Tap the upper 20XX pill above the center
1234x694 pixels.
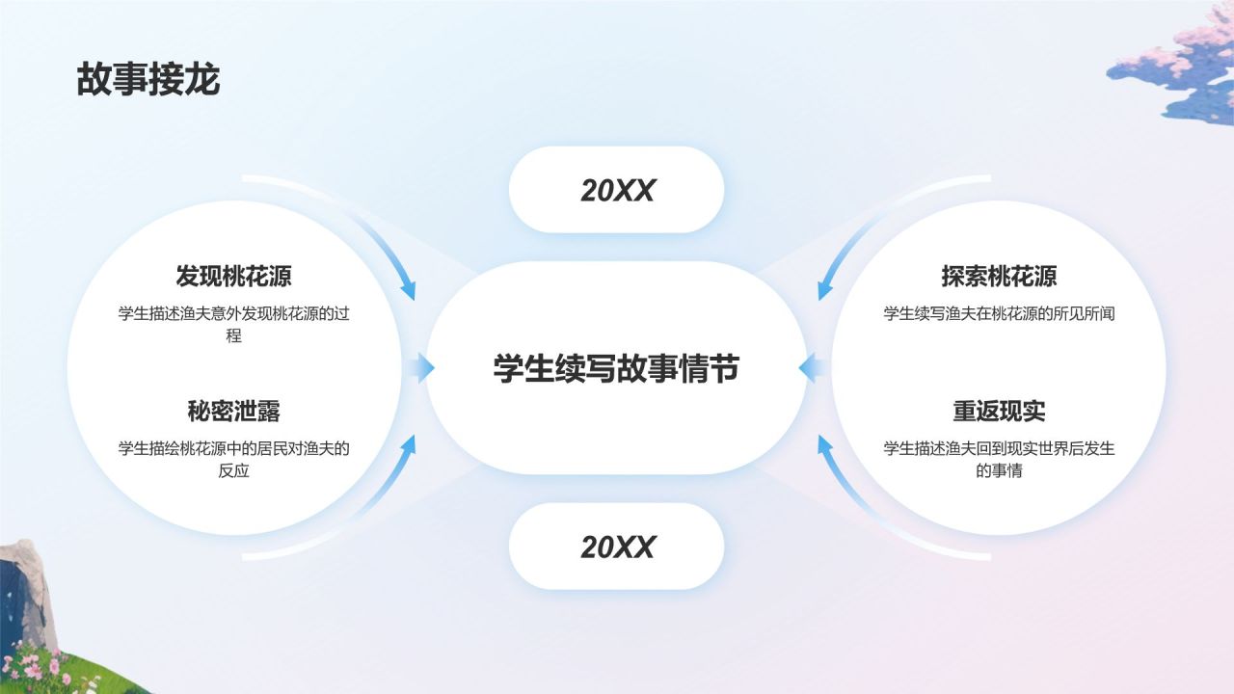[616, 190]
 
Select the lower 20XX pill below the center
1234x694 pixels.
[616, 547]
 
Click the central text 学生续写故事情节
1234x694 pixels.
[616, 368]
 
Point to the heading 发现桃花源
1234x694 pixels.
[233, 277]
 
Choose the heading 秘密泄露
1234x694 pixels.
[233, 412]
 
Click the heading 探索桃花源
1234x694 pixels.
[999, 277]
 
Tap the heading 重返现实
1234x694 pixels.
[999, 412]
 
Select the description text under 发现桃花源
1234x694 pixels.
[233, 324]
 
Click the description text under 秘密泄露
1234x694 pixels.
[233, 459]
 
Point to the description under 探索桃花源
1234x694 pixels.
[999, 313]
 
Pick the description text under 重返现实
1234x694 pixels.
[999, 459]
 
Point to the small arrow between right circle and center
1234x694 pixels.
[813, 367]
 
